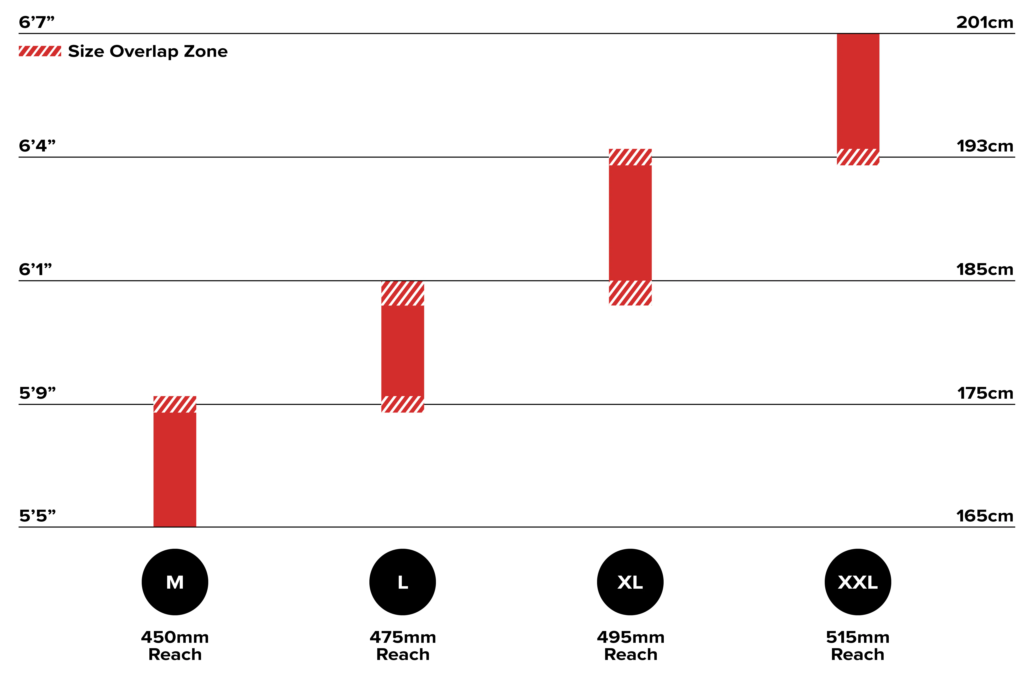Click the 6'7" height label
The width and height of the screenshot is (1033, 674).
pos(37,22)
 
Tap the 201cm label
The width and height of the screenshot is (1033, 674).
pos(984,22)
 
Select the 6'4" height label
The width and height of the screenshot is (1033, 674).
pos(37,146)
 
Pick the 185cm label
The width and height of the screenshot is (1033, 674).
pos(984,269)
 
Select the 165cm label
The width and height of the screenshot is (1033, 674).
pos(984,516)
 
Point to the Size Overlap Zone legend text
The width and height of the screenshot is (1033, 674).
pos(148,51)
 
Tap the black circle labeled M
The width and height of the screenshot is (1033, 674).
pos(175,582)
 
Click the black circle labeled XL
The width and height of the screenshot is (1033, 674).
pos(630,582)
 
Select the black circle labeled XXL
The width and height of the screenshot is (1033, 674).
pos(858,582)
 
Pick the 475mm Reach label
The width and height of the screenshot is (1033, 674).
pos(403,646)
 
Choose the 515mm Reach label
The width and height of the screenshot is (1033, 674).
pos(858,646)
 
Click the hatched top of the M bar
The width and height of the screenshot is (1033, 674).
pos(175,404)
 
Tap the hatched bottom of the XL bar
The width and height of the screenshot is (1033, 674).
pos(630,293)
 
